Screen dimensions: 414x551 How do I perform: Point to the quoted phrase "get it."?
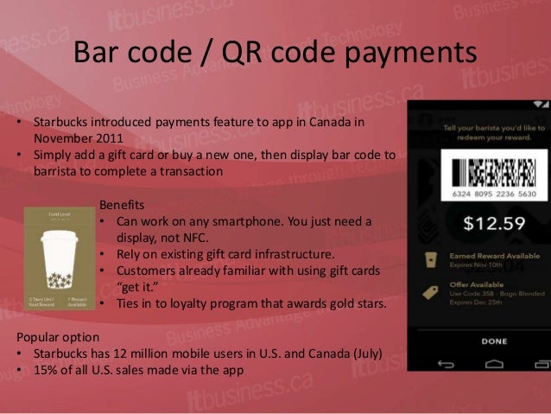tap(139, 287)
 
